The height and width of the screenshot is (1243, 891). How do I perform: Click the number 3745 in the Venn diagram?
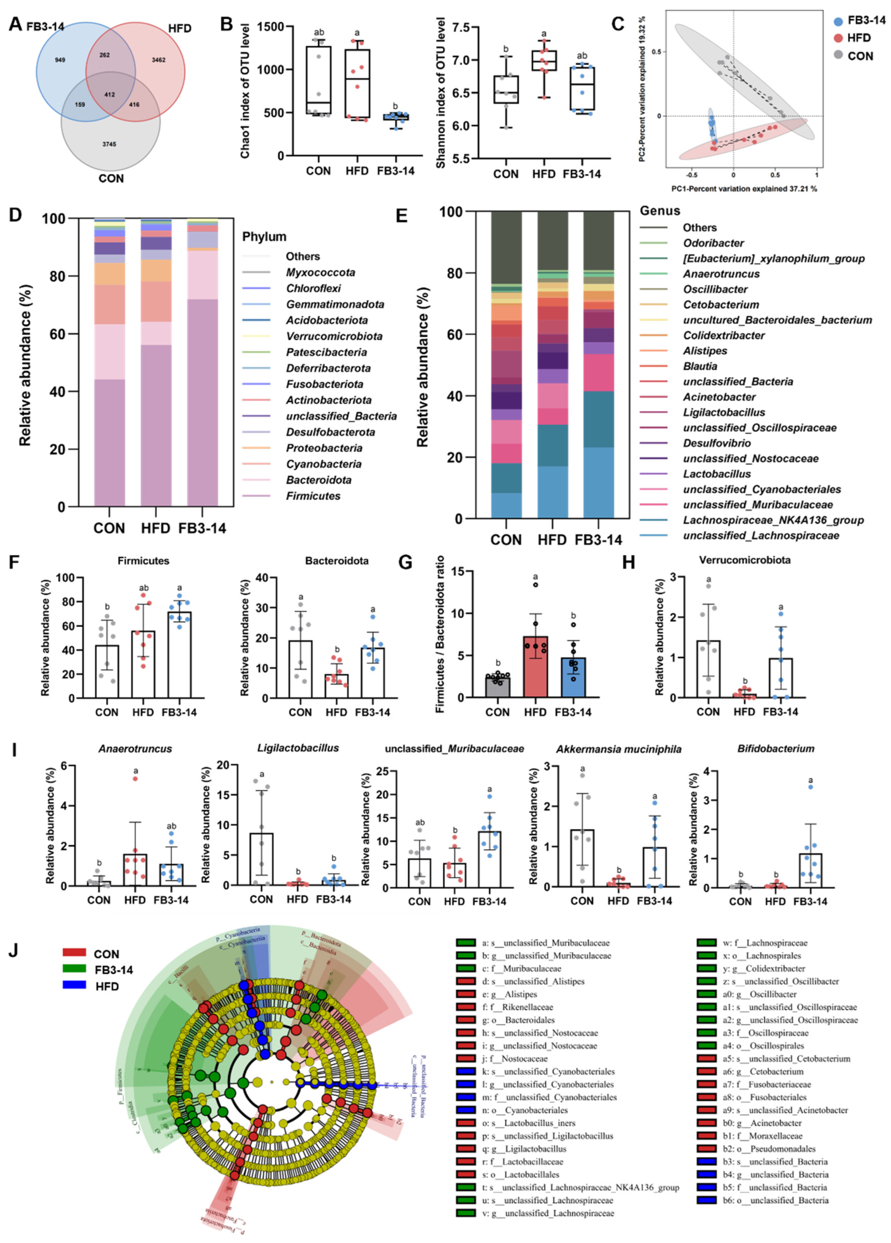(x=109, y=144)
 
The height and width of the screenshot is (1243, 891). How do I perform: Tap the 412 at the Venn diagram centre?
(x=110, y=95)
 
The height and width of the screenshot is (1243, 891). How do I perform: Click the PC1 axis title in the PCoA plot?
(x=744, y=189)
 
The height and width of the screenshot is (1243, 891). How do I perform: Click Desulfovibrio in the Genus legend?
(x=716, y=443)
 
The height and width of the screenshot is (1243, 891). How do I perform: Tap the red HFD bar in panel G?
(x=535, y=667)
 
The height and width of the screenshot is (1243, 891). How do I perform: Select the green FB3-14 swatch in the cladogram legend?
(x=74, y=969)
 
